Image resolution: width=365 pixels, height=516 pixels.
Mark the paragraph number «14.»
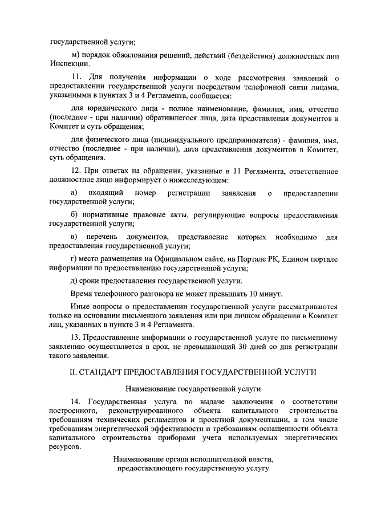pyautogui.click(x=77, y=402)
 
